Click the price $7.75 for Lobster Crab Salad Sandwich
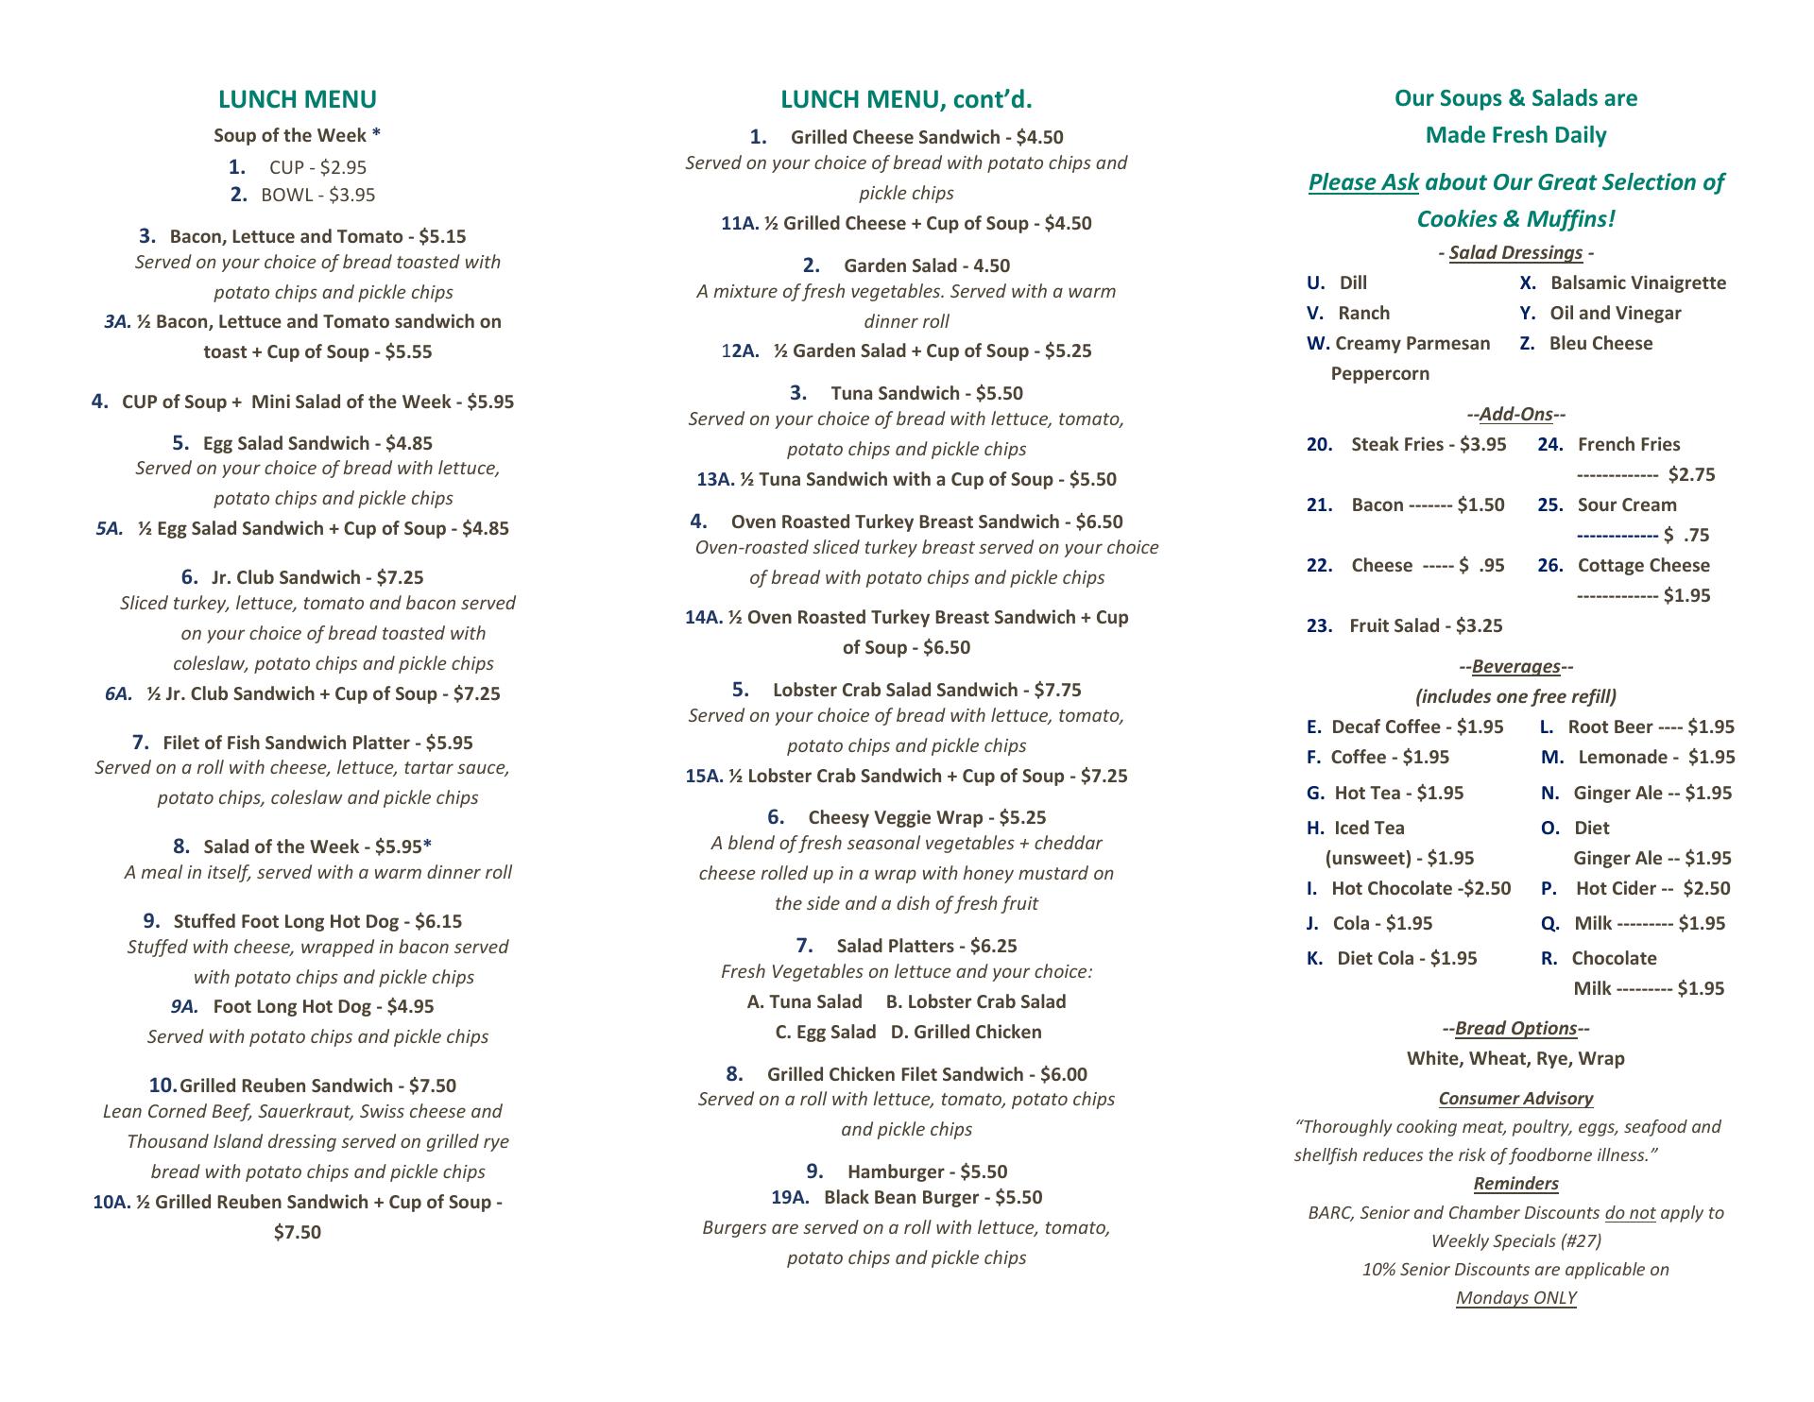pos(1057,691)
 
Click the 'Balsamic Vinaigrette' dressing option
pos(1637,283)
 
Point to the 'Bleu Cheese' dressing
pos(1600,344)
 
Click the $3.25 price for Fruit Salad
pos(1479,626)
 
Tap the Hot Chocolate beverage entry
pos(1391,889)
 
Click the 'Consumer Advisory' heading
pos(1515,1099)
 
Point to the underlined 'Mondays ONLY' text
pos(1515,1298)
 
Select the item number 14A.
pos(703,618)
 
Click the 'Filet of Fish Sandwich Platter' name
pos(286,744)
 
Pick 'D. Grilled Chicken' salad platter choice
pos(966,1033)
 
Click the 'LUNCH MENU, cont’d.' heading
pos(906,99)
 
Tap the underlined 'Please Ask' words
pos(1362,182)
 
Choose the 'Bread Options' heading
pos(1515,1029)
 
